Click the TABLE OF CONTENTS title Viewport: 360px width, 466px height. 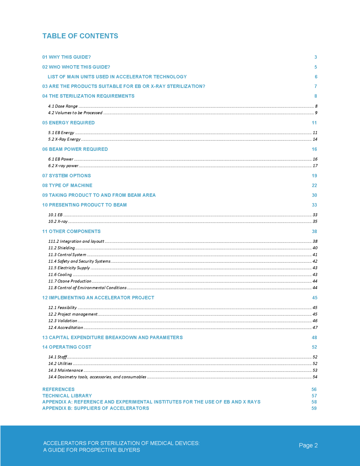(80, 36)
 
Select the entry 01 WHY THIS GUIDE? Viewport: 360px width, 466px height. (66, 57)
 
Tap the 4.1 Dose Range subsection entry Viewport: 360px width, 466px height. (63, 106)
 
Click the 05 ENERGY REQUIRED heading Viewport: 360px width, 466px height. (68, 123)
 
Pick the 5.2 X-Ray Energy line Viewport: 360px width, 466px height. (64, 139)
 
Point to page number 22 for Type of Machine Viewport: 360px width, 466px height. (314, 185)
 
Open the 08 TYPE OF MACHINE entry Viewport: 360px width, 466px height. (67, 185)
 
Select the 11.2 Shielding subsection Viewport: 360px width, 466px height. (62, 248)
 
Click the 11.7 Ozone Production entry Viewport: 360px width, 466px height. (70, 281)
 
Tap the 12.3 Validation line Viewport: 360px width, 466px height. (63, 321)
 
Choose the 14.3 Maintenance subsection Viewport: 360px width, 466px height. (65, 370)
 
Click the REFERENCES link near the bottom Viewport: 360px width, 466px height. (58, 389)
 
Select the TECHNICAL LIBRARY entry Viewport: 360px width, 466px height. (67, 396)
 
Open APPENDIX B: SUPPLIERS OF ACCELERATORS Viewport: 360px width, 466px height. (96, 408)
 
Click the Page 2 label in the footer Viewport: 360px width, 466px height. (308, 445)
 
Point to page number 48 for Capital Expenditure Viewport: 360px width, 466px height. (314, 337)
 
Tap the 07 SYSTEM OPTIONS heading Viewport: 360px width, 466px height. (66, 176)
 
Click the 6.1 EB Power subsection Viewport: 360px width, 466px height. (61, 159)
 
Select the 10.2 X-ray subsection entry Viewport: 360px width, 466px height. (58, 221)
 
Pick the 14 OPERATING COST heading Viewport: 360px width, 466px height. (67, 347)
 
